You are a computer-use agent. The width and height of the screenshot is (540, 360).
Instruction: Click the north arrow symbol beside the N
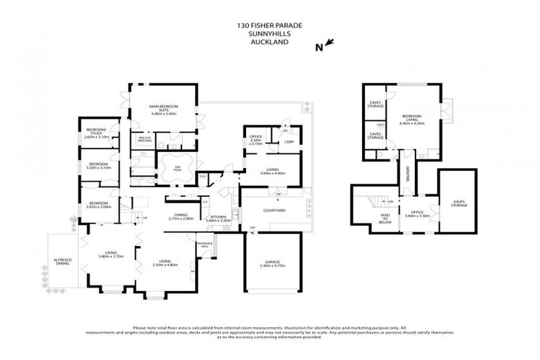click(330, 44)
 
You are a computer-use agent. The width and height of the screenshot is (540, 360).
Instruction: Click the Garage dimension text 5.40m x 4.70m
click(272, 266)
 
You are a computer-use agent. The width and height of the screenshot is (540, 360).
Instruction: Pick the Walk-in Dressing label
click(145, 139)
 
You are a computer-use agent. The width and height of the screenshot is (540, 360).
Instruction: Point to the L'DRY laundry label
click(288, 142)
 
